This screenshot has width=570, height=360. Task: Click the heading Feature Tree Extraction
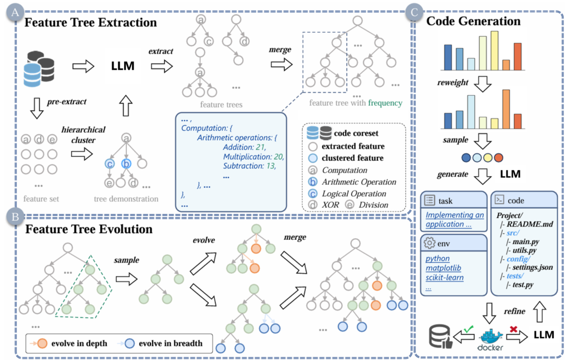(91, 23)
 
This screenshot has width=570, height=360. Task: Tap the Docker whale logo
(490, 337)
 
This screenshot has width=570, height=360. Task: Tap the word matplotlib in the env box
(444, 268)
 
